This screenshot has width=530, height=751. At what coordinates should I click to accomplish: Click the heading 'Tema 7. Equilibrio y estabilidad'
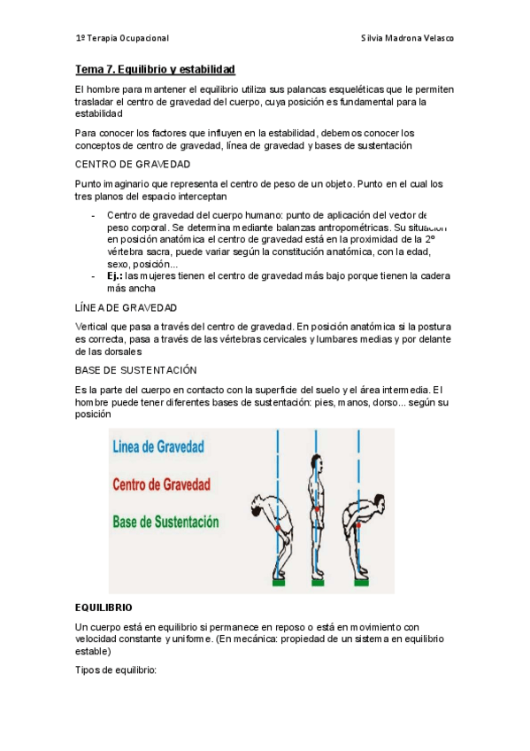155,69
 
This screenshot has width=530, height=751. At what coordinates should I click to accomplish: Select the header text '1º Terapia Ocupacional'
122,39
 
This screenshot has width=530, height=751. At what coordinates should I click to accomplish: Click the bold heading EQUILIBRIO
104,608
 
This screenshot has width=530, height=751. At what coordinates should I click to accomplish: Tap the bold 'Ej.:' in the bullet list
115,276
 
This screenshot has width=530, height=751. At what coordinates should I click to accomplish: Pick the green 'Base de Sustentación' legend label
165,523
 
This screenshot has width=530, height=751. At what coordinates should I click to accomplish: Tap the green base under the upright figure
316,583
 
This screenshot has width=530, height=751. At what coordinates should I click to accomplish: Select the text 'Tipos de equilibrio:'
116,670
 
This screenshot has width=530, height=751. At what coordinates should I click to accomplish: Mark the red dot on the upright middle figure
316,509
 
